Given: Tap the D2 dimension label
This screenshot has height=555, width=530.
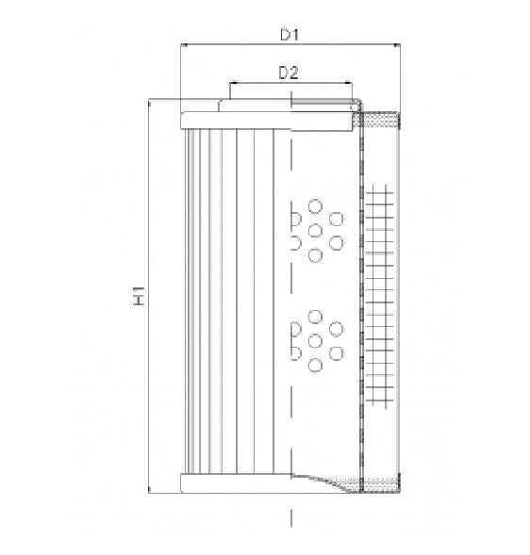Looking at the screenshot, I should click(x=288, y=73).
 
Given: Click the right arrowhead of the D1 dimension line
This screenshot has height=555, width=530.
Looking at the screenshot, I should click(x=399, y=44).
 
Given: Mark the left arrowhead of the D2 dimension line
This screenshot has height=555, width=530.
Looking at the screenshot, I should click(x=229, y=83).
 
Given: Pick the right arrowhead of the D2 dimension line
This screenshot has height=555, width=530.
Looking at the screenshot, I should click(x=350, y=83).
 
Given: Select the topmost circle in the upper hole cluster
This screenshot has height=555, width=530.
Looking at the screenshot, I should click(x=315, y=206).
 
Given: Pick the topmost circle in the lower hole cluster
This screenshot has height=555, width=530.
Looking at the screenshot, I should click(x=315, y=317).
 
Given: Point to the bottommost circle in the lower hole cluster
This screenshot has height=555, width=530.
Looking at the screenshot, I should click(x=315, y=365).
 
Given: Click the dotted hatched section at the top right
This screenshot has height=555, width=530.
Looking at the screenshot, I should click(x=383, y=120).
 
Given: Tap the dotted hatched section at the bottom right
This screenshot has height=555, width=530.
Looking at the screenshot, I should click(x=381, y=484).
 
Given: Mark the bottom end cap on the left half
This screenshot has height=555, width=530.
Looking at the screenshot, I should click(x=236, y=482).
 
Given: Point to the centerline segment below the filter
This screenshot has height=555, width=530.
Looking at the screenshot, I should click(x=291, y=517).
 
